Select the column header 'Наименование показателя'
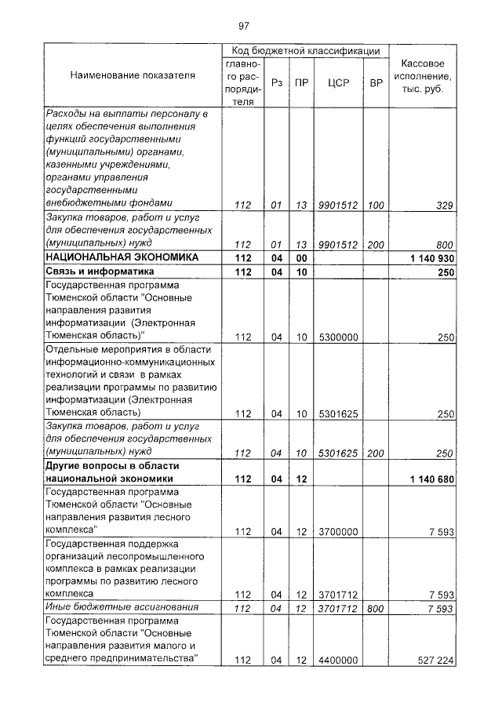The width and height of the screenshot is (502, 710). pos(133,76)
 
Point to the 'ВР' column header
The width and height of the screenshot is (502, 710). pos(376,82)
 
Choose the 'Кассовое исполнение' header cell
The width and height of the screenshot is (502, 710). pos(423,76)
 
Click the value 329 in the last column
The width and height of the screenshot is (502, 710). pos(445,206)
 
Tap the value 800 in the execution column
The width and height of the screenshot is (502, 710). pos(445,244)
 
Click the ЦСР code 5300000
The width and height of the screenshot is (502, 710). pos(338,337)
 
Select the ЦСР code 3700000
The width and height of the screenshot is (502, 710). pos(338,532)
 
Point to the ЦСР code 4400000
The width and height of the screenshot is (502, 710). pos(338,660)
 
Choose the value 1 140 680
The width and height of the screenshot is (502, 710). pos(432,479)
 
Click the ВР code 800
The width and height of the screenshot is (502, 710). pos(376,608)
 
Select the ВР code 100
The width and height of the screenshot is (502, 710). pos(376,206)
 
